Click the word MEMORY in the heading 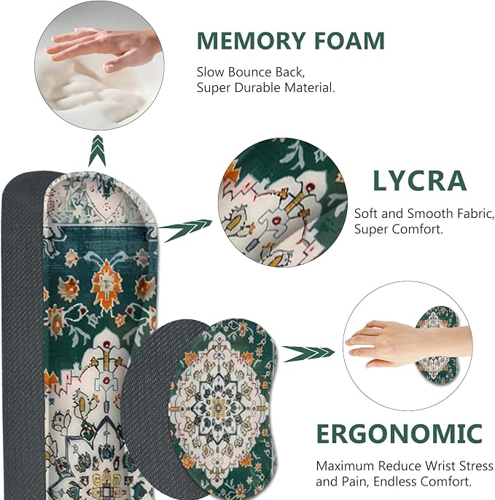(x=251, y=41)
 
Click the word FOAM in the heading (x=350, y=41)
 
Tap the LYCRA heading (x=419, y=181)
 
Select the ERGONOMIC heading (x=399, y=434)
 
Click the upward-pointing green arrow (x=97, y=150)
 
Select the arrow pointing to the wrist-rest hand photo (x=308, y=353)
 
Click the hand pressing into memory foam (x=102, y=48)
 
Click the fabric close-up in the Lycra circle (x=283, y=202)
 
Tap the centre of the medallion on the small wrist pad (x=219, y=408)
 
